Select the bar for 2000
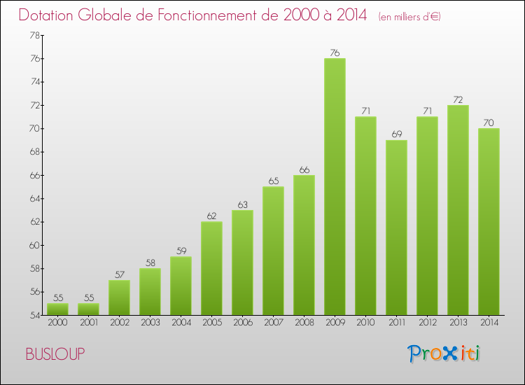[57, 309]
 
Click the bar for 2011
[396, 227]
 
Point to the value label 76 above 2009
[335, 52]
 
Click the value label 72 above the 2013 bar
[458, 99]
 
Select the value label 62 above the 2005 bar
[211, 216]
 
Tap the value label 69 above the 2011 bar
[396, 134]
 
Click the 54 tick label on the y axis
[34, 315]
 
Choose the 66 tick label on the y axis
[34, 175]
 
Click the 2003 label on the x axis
[150, 323]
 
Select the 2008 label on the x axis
[304, 323]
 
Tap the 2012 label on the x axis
[427, 323]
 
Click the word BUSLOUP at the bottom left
[55, 355]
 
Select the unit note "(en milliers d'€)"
[409, 16]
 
